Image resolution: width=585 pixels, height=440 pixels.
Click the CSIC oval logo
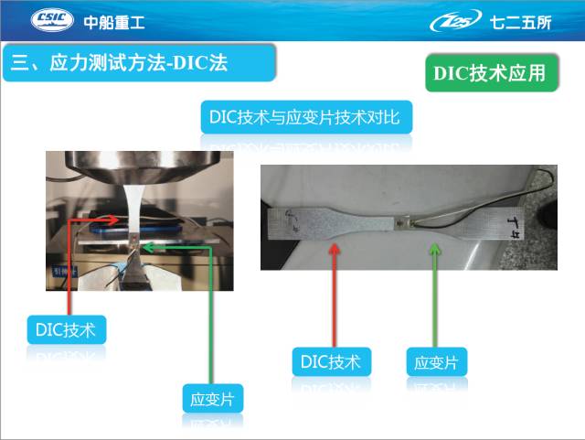click(x=52, y=20)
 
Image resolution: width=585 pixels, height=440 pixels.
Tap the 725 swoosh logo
click(x=455, y=21)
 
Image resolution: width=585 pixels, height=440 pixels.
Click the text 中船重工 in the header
click(x=114, y=22)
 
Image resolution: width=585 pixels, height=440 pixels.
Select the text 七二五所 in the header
click(x=520, y=23)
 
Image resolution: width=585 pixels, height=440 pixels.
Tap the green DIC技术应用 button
click(x=492, y=73)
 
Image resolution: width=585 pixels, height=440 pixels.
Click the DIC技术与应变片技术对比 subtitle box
click(x=306, y=117)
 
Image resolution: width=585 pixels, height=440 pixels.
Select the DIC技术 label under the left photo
click(x=67, y=329)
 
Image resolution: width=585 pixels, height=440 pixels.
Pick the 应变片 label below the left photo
click(x=213, y=399)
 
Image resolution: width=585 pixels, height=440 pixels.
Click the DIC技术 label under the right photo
click(x=331, y=361)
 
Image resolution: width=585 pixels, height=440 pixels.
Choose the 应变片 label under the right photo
click(x=437, y=361)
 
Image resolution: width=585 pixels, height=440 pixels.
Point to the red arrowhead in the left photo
click(x=113, y=220)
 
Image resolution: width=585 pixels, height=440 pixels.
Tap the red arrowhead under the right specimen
click(x=335, y=249)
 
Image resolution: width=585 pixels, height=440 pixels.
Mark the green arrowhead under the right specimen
click(x=435, y=249)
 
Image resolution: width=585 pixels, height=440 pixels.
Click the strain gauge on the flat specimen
click(x=402, y=223)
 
